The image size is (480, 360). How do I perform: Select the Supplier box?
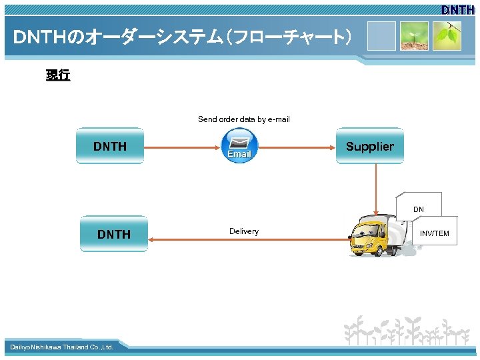(370, 146)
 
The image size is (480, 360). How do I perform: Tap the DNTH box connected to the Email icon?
(110, 146)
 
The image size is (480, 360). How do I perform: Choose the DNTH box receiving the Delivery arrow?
(114, 234)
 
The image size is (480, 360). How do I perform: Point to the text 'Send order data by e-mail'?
(243, 119)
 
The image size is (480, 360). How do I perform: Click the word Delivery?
(244, 231)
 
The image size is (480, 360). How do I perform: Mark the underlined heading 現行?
(58, 75)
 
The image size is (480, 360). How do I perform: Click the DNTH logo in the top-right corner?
(457, 10)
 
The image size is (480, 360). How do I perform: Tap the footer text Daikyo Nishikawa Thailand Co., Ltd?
(61, 347)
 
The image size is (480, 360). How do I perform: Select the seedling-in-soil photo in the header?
(414, 36)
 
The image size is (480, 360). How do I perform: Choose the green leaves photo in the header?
(447, 36)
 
